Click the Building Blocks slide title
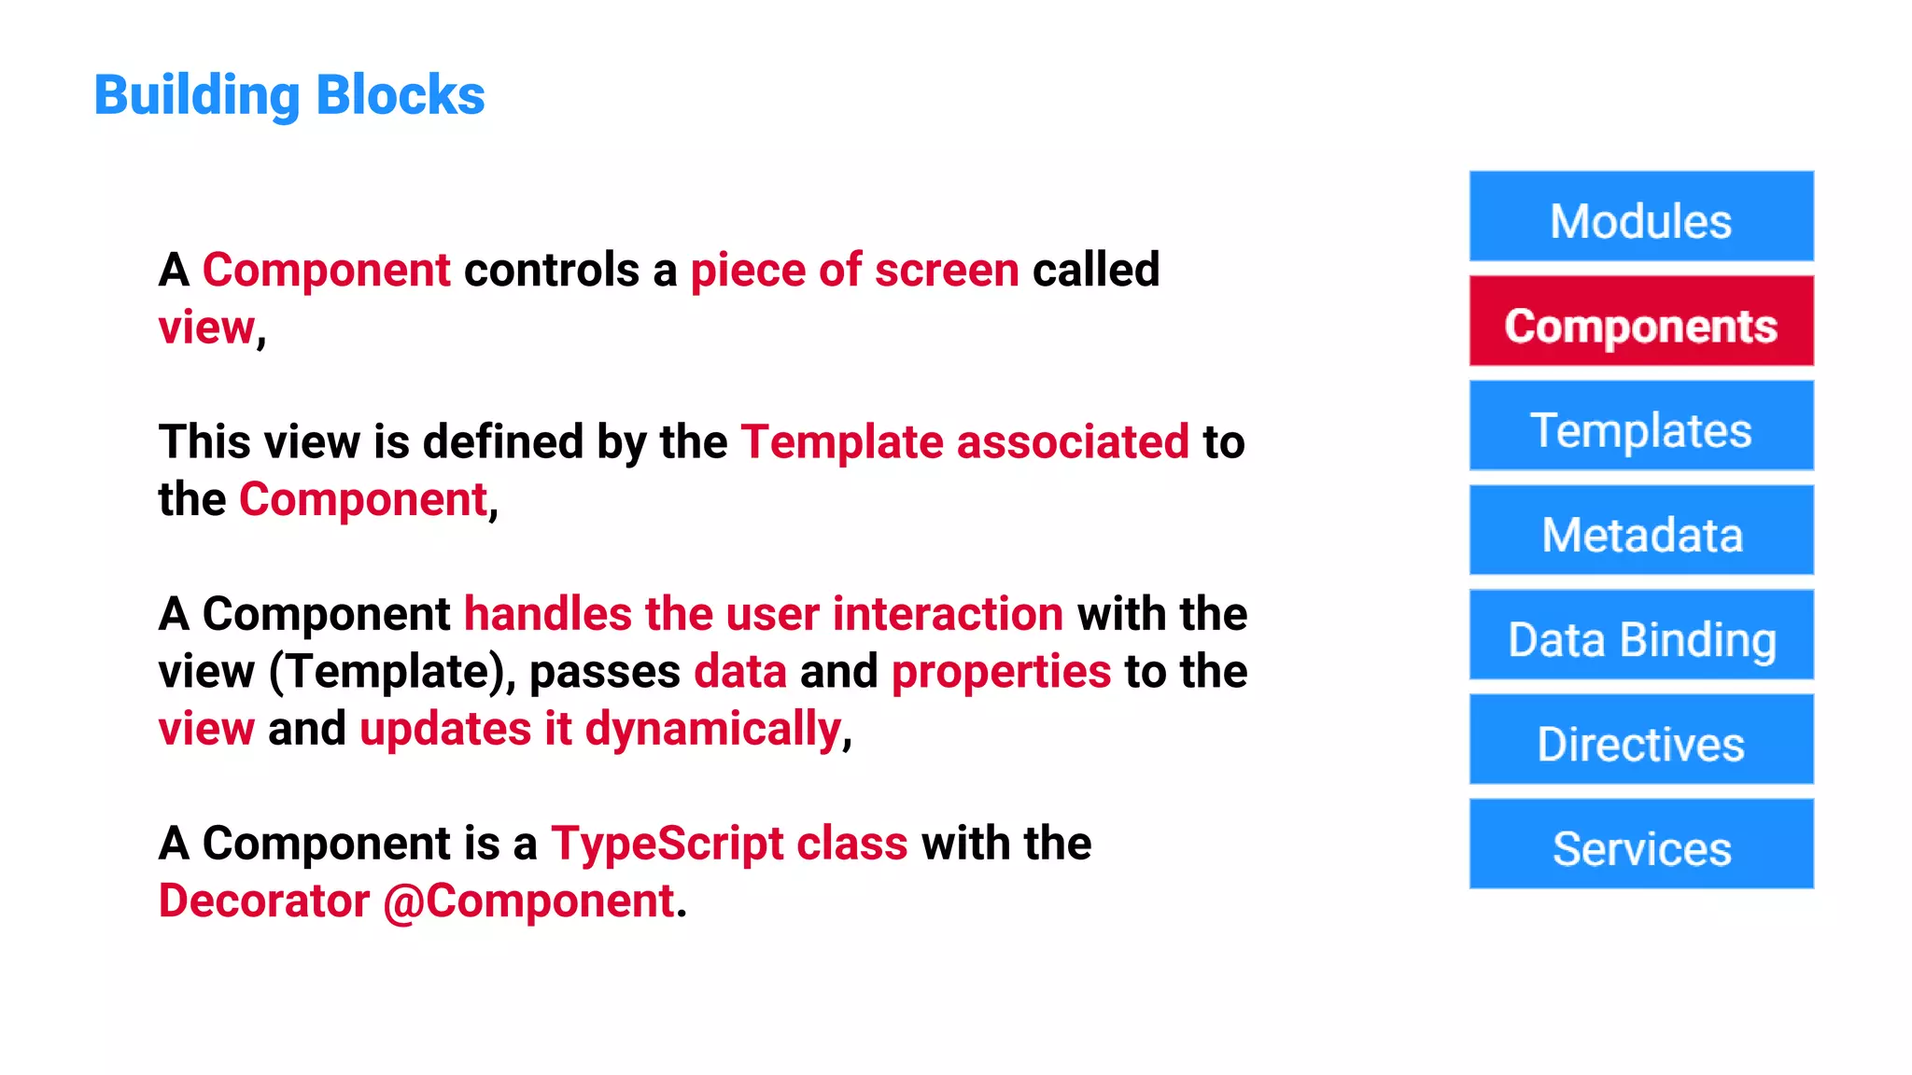pos(289,95)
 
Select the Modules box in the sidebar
pos(1640,217)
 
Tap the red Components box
pos(1640,322)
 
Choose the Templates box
pos(1640,426)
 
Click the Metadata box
pos(1640,531)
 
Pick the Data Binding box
pos(1640,635)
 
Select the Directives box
pos(1640,740)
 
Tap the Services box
pos(1640,845)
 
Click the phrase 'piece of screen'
pos(854,271)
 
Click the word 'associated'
pos(1073,442)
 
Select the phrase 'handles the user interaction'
pos(763,614)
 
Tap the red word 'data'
pos(740,672)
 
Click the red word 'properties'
pos(1001,672)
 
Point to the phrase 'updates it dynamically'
pos(600,729)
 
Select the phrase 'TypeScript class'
pos(728,844)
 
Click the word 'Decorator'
pos(264,901)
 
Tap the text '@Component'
pos(528,901)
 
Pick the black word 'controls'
pos(552,271)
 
